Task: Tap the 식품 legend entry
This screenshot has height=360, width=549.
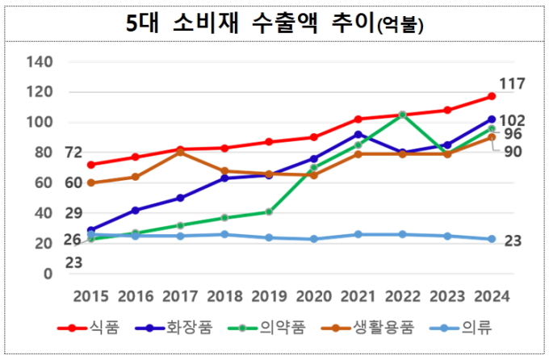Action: coord(90,328)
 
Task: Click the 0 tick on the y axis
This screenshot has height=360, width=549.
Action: coord(48,274)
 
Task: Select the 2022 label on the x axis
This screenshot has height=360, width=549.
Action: coord(402,295)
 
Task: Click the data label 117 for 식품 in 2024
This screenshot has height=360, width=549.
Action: coord(513,83)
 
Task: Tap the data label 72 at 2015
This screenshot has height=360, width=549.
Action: coord(73,152)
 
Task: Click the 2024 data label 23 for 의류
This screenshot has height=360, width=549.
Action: coord(513,241)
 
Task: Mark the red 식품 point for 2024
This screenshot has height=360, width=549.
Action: coord(492,97)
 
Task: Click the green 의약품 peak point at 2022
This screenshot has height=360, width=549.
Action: coord(402,115)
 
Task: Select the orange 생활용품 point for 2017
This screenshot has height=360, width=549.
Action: coord(180,153)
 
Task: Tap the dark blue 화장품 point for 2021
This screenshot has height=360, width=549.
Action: coord(358,134)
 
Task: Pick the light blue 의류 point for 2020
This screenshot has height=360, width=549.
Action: coord(313,239)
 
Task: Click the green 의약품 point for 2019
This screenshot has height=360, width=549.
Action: coord(269,211)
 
